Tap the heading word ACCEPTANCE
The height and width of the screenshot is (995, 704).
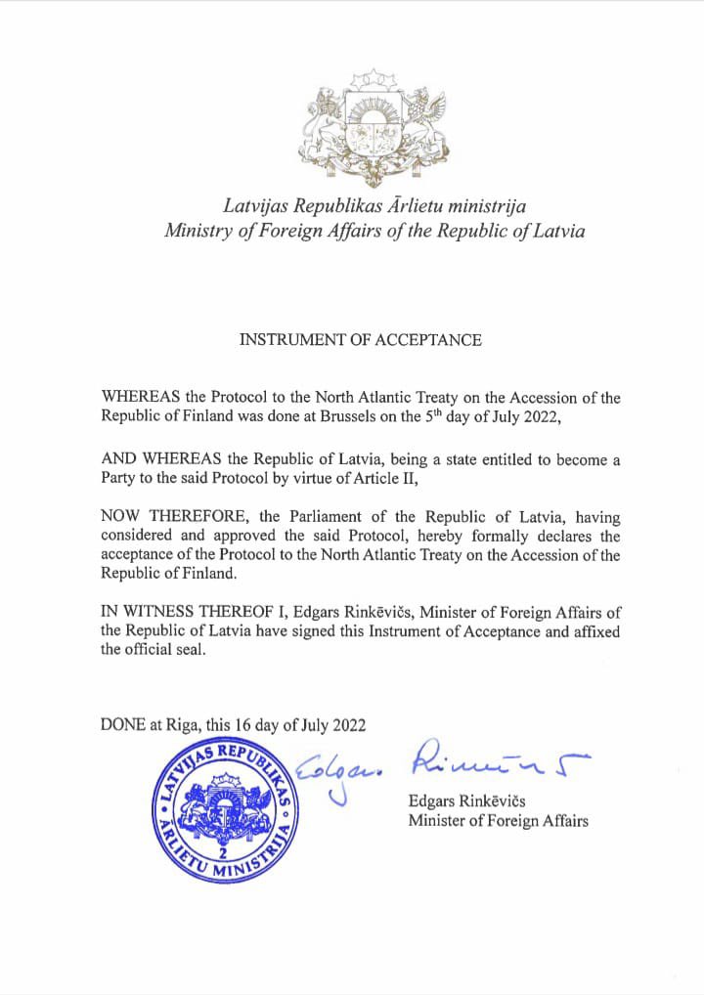pos(434,340)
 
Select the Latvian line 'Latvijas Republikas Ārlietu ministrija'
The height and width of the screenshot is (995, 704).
pos(374,205)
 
